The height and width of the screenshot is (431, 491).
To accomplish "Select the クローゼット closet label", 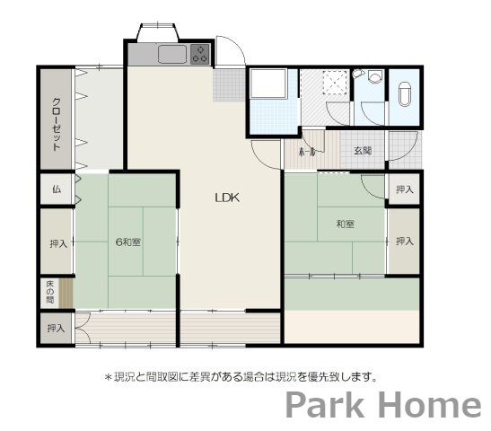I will coord(56,123).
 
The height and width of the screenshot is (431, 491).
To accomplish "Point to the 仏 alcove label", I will coord(56,189).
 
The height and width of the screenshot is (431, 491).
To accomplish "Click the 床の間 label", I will coord(50,294).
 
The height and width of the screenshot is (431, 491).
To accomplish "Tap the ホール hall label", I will coord(306,151).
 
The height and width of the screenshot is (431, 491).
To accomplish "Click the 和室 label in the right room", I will coord(346,223).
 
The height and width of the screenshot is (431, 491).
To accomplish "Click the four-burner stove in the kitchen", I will coord(200,53).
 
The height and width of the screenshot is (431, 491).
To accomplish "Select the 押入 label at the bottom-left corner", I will coord(56,329).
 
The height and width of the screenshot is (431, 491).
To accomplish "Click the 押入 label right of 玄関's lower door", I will coord(405,189).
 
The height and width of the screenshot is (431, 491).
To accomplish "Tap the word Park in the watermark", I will coord(326,406).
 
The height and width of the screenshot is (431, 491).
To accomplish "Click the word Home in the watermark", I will coord(428,406).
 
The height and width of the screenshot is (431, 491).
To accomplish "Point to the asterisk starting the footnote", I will coord(109,377).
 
